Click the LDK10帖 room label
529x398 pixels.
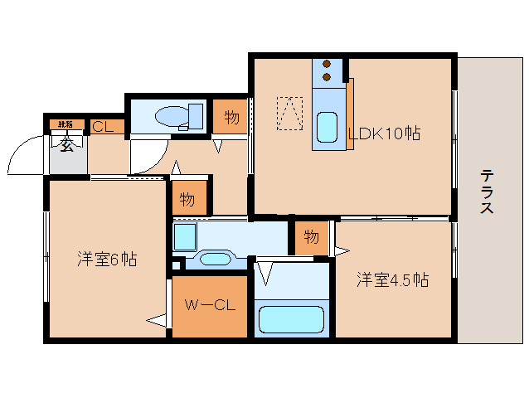383,133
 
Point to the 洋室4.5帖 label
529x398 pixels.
393,279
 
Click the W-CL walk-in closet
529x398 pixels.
209,305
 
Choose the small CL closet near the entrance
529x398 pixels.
104,127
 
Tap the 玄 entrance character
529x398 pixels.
67,146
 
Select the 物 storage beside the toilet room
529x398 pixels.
232,117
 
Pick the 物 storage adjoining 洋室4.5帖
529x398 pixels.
311,237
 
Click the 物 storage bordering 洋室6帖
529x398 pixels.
188,199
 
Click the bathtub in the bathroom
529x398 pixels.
291,319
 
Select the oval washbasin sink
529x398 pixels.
215,259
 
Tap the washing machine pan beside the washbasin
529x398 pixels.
184,235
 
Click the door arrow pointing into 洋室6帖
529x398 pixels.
155,319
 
